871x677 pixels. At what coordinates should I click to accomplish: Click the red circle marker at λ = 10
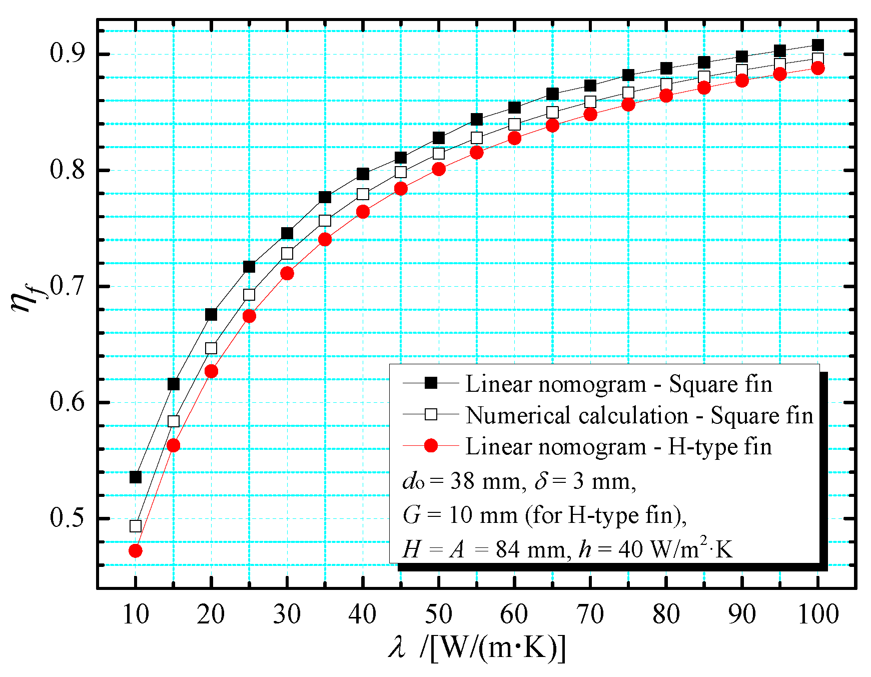[135, 550]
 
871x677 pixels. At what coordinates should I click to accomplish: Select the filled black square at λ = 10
[135, 477]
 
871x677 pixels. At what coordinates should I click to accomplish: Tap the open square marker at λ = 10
[135, 526]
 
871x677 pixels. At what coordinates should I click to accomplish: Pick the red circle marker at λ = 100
[817, 68]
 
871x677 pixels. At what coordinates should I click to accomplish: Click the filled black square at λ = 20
[211, 314]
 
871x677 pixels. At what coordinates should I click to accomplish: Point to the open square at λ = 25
[249, 295]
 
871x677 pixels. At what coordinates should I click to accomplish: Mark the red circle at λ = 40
[363, 212]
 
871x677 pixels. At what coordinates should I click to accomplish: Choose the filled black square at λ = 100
[817, 45]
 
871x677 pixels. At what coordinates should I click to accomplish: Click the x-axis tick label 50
[438, 614]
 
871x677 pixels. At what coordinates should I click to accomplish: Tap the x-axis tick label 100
[817, 614]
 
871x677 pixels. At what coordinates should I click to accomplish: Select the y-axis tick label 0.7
[68, 286]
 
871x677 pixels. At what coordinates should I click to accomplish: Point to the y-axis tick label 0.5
[68, 518]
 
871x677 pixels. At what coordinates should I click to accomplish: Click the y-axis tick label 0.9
[68, 54]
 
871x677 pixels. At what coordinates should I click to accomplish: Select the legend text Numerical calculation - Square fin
[639, 415]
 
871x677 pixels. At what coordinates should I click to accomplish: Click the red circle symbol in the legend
[430, 445]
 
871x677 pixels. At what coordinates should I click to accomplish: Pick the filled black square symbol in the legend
[430, 383]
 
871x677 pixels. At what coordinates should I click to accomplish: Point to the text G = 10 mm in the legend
[460, 515]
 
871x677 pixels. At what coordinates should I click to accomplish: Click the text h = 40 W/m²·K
[655, 549]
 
